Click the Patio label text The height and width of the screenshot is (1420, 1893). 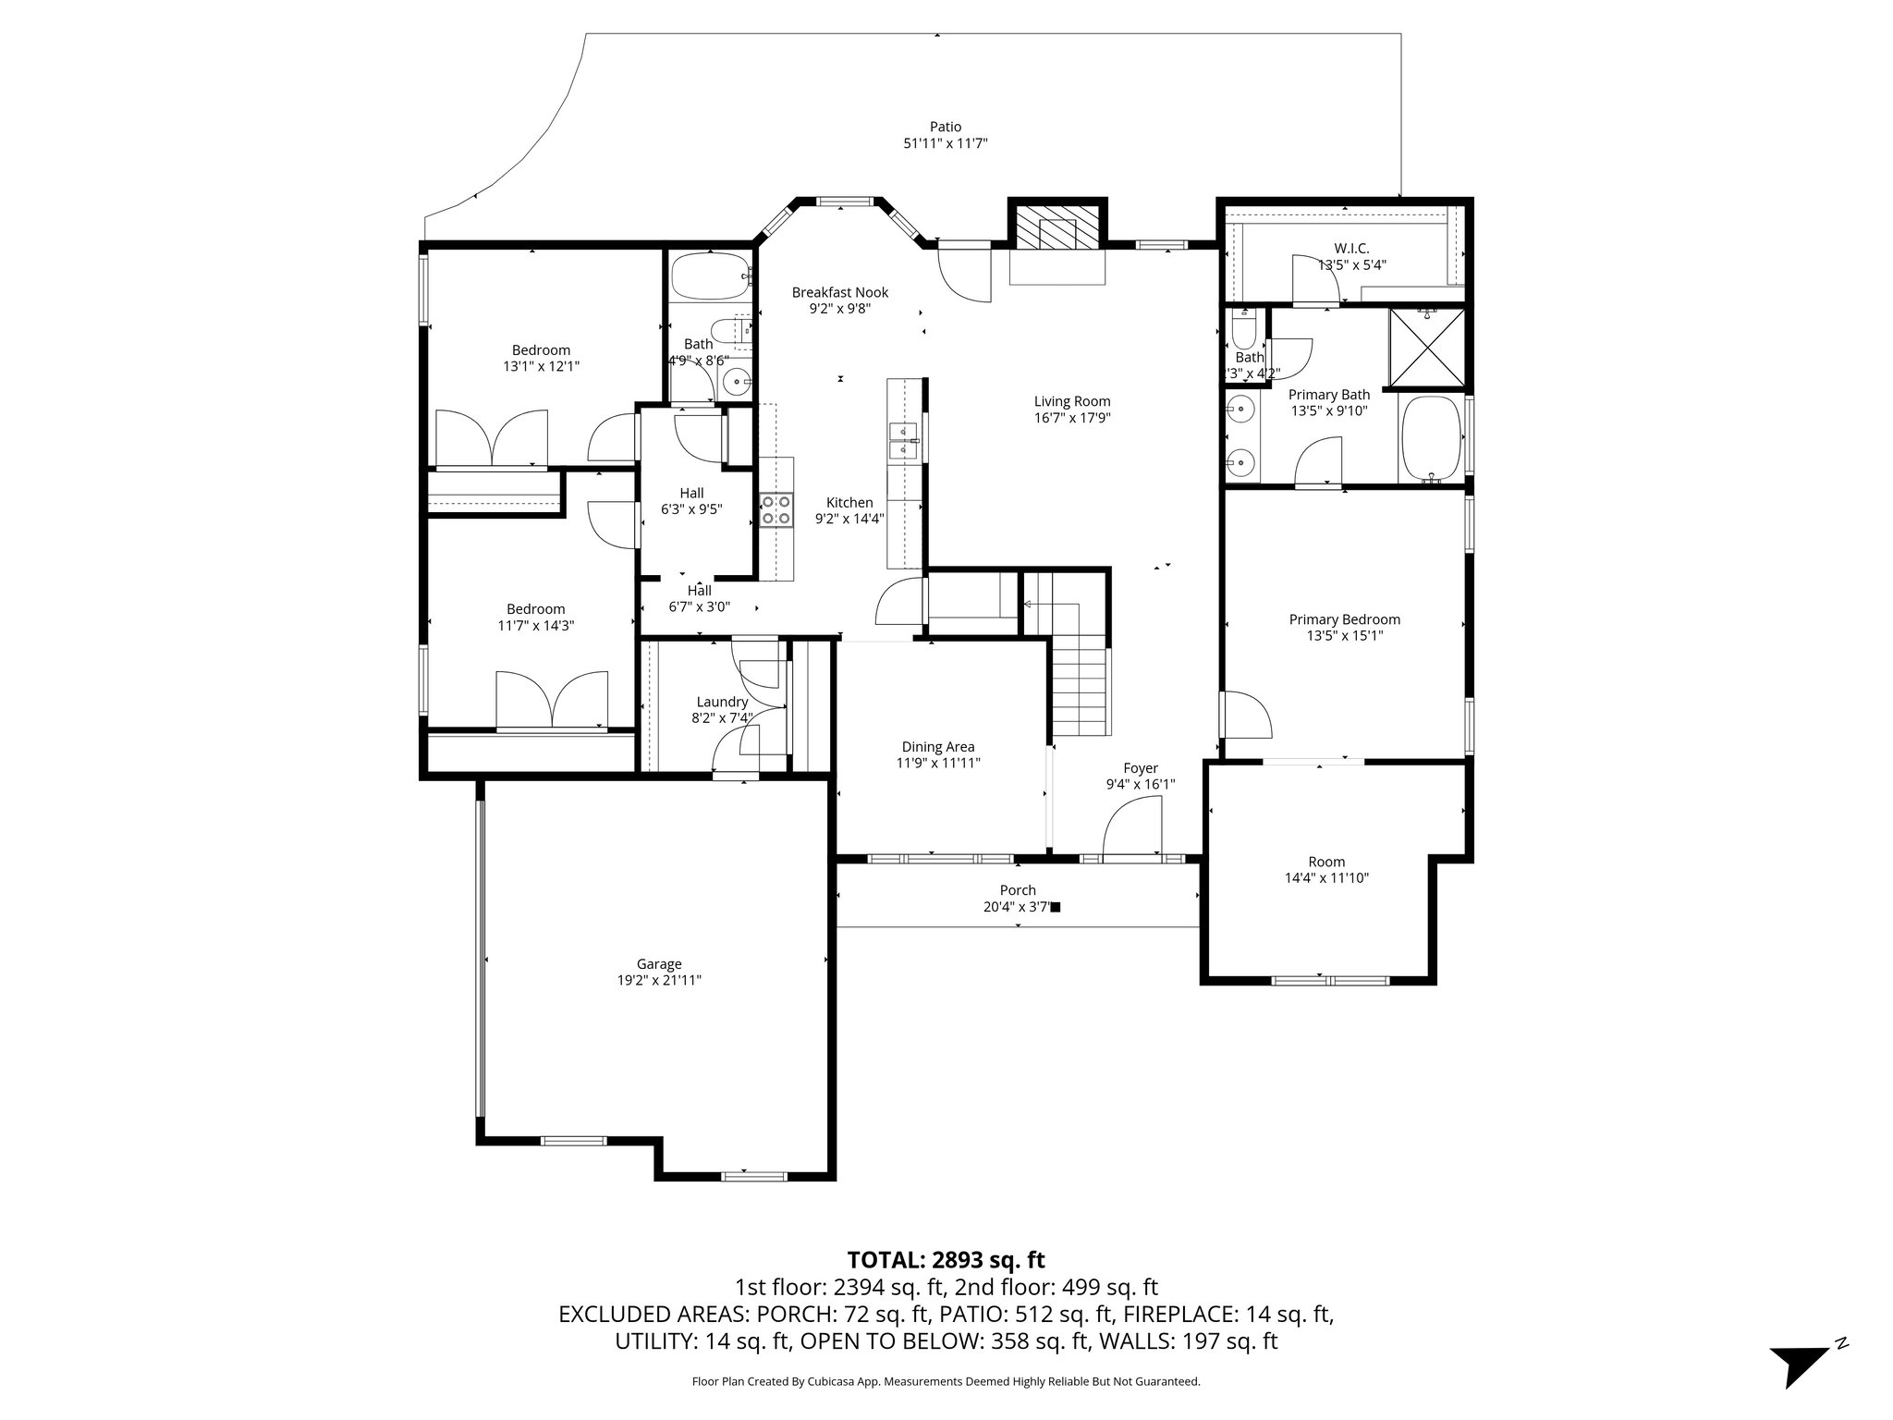[x=945, y=127]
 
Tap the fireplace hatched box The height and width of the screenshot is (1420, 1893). [x=1056, y=226]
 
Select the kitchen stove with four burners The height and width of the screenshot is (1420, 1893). [x=776, y=510]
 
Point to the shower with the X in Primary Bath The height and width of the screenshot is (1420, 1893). [x=1427, y=347]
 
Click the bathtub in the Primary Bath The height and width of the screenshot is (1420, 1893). [x=1431, y=439]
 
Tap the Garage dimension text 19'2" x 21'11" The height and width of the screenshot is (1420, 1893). [x=659, y=980]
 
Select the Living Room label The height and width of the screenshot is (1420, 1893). [x=1071, y=401]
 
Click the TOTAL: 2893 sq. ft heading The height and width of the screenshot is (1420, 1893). [x=946, y=1259]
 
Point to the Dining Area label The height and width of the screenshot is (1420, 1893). [x=937, y=747]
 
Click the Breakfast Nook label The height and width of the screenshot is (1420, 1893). [x=839, y=292]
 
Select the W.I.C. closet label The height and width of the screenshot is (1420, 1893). [x=1350, y=248]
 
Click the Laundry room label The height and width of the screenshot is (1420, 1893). [x=722, y=702]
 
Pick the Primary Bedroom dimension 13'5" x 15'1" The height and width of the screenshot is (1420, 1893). [x=1344, y=636]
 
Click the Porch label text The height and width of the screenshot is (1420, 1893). [x=1017, y=890]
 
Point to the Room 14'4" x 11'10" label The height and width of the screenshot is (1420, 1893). [x=1325, y=862]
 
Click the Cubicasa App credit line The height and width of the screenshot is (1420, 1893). [x=946, y=1381]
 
